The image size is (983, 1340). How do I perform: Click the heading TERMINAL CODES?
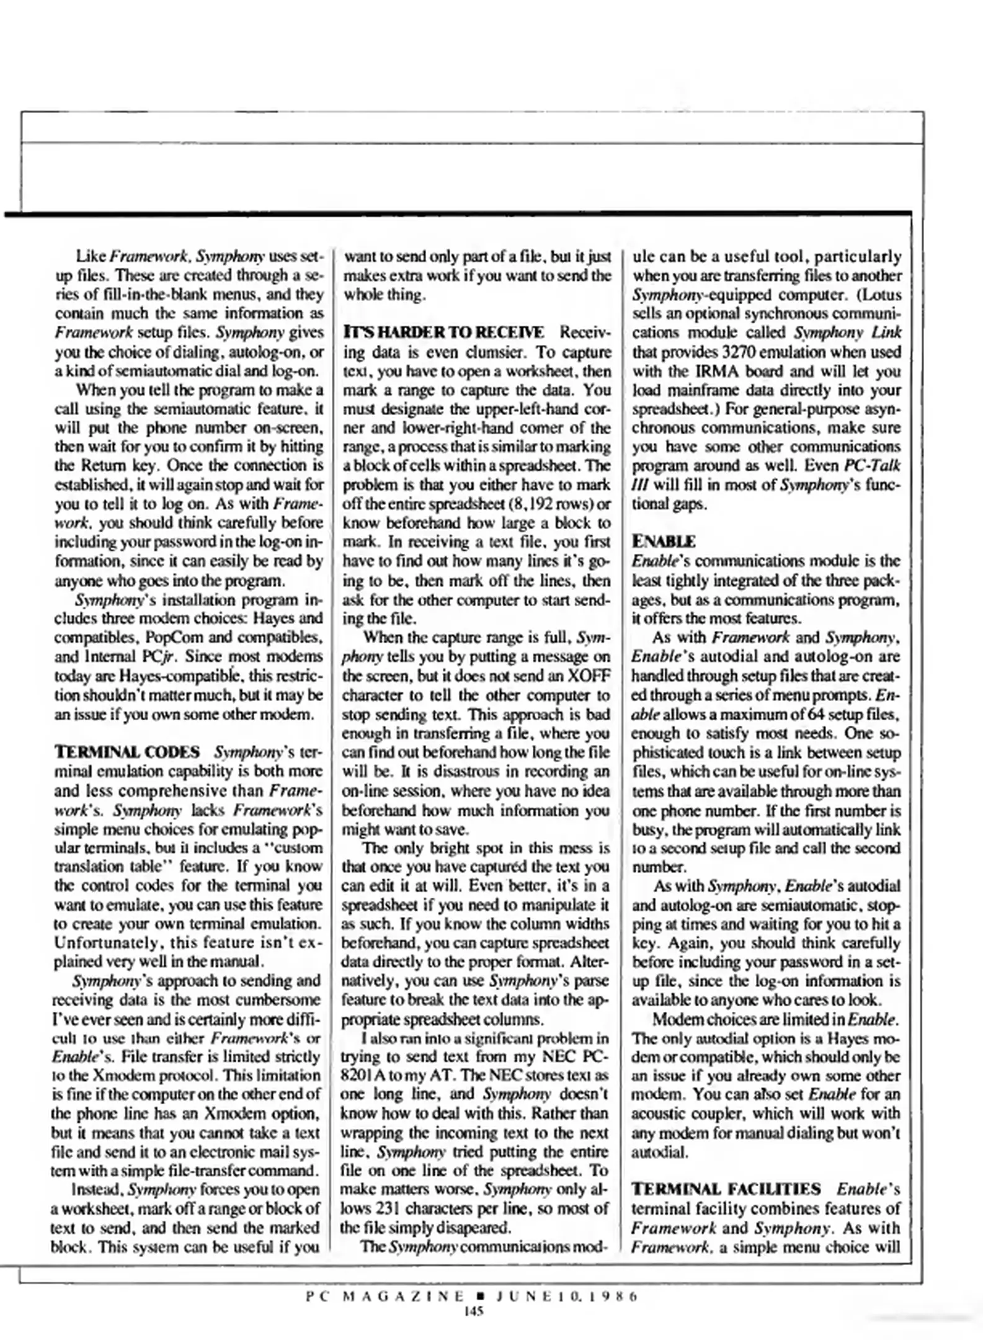click(127, 752)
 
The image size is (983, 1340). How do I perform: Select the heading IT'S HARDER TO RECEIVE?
click(443, 332)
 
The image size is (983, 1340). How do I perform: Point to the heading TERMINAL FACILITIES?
click(726, 1189)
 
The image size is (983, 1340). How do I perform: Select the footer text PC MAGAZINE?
click(385, 1296)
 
